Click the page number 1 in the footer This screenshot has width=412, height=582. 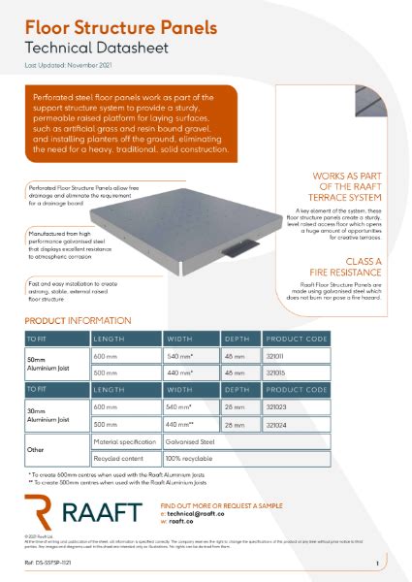click(376, 564)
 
